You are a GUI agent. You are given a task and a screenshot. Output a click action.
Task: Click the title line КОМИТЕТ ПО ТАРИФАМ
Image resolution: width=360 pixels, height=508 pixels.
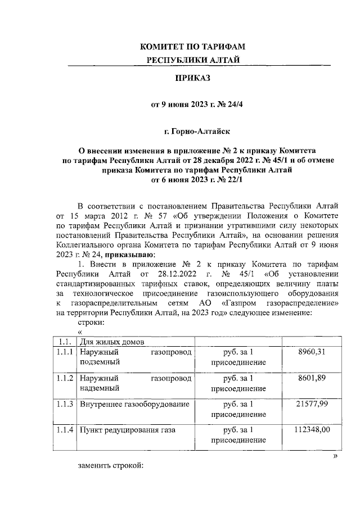193,47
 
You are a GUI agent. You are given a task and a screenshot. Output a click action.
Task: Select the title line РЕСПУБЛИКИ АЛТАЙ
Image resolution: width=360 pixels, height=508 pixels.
193,61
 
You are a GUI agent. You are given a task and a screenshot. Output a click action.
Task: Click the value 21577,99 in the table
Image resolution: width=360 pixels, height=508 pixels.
310,404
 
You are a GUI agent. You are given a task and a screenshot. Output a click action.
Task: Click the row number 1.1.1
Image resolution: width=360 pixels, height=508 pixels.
65,352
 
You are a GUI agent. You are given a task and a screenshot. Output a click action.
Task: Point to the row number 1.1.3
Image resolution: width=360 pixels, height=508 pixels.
65,404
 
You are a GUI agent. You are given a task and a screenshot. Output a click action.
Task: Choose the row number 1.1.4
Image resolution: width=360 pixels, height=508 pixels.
65,430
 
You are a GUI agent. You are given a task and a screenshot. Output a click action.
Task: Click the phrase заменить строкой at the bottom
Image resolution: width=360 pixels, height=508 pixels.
111,466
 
